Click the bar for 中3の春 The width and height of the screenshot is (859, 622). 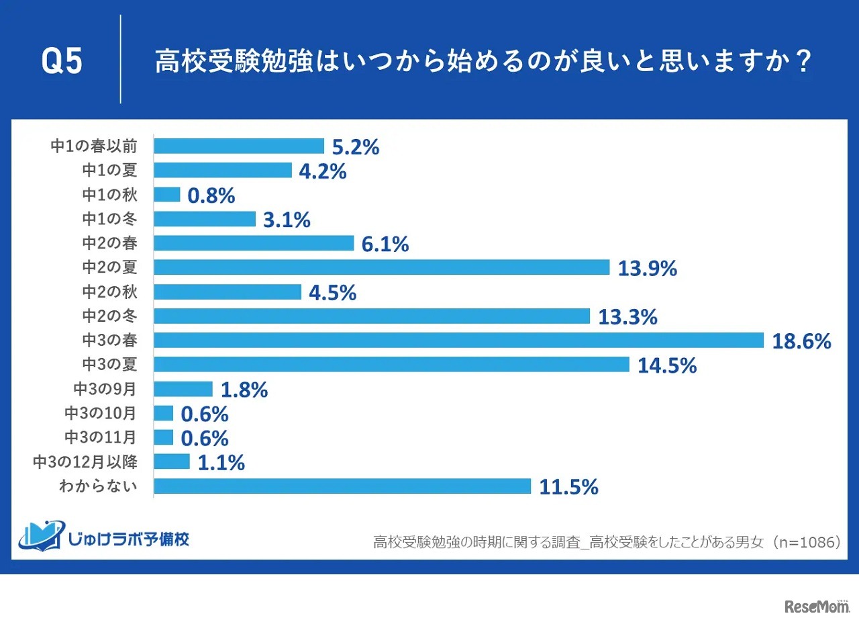tap(459, 341)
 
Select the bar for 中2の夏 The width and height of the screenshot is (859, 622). tap(382, 267)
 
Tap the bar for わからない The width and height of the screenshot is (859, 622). tap(342, 486)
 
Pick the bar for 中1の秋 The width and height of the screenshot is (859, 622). tap(167, 195)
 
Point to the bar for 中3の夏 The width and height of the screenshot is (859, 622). tap(392, 365)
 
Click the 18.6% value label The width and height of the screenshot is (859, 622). tap(801, 341)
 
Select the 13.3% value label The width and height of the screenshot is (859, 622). tap(627, 316)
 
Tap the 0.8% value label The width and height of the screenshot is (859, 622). tap(211, 195)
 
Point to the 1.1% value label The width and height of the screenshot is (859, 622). tap(221, 462)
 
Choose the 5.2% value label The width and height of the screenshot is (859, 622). tap(356, 146)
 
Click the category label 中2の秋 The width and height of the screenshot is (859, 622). tap(109, 292)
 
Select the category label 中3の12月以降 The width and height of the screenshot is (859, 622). tap(85, 461)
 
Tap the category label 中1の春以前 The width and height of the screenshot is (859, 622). tap(94, 146)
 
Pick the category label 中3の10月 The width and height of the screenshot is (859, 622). tap(101, 413)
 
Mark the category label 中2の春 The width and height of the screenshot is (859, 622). tap(109, 243)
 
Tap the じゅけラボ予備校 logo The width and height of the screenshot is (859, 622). tap(105, 537)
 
